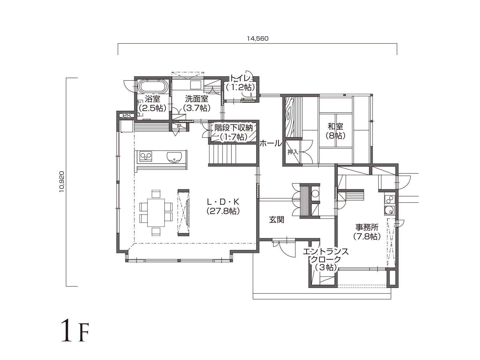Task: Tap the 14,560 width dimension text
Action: click(257, 39)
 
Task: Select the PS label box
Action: click(127, 115)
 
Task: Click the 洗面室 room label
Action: click(196, 99)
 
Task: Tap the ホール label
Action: click(271, 144)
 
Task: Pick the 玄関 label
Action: click(276, 220)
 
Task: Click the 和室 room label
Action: click(335, 127)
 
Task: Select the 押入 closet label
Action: click(293, 152)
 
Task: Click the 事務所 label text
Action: click(367, 227)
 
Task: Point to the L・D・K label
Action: click(223, 202)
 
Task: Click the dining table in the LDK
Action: click(156, 213)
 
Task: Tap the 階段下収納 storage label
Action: click(233, 128)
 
